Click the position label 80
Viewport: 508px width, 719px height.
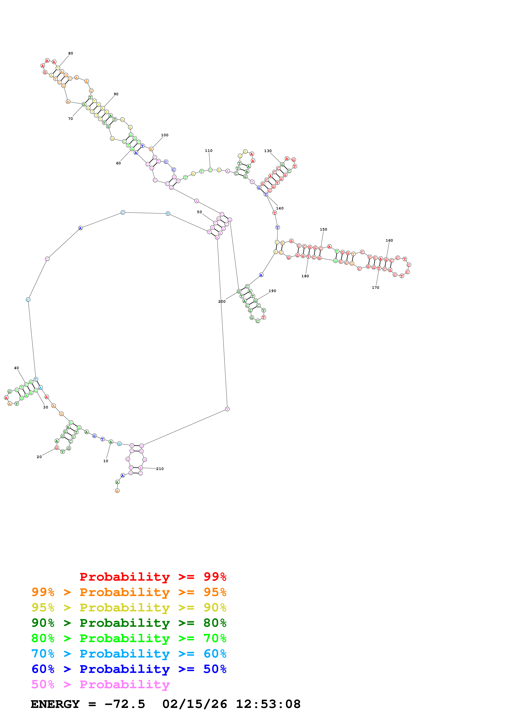[71, 53]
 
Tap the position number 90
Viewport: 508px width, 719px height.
[116, 94]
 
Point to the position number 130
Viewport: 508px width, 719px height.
[268, 151]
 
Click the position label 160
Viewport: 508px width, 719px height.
[389, 240]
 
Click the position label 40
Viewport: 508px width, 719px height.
[16, 368]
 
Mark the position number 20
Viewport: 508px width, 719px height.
[39, 457]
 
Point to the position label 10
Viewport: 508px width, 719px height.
[106, 461]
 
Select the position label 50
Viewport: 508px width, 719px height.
[199, 212]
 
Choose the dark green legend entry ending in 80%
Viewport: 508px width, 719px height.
[129, 623]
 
